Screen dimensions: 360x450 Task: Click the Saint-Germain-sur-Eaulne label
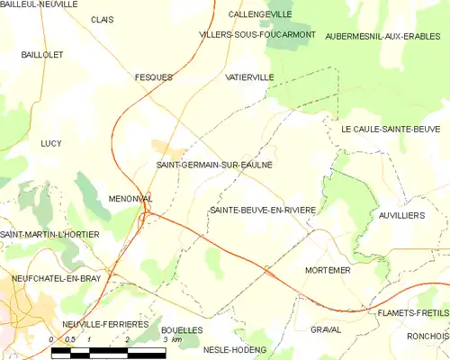(214, 166)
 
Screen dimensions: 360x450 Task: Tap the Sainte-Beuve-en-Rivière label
(262, 210)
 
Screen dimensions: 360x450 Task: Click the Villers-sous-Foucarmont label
(257, 34)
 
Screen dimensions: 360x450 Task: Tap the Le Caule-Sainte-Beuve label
(389, 130)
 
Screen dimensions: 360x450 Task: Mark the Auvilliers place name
(400, 217)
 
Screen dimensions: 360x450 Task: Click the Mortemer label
(328, 270)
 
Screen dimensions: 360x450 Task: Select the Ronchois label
(427, 337)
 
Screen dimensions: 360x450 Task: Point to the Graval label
(325, 329)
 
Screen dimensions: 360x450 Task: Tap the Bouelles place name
(182, 330)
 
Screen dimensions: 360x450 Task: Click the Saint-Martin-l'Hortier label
(49, 235)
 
